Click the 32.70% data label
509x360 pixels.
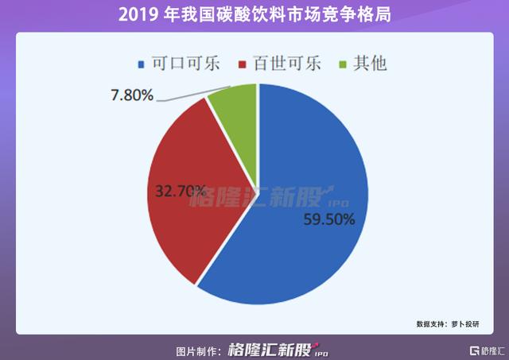click(181, 192)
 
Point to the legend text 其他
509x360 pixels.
click(370, 64)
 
